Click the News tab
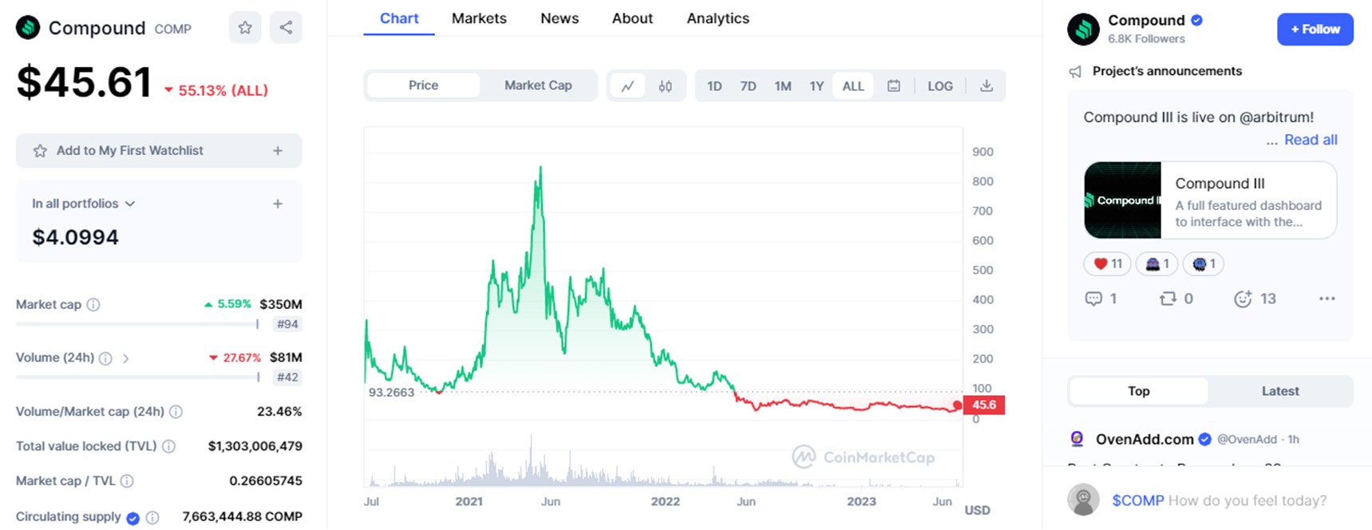click(x=559, y=18)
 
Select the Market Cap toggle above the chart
click(x=538, y=85)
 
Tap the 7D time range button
click(x=748, y=86)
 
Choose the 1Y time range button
click(x=816, y=86)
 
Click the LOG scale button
click(x=939, y=86)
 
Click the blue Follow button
click(x=1315, y=30)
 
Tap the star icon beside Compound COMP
click(x=245, y=28)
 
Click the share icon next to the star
click(x=286, y=28)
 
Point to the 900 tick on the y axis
click(x=983, y=152)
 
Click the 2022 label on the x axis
click(x=665, y=501)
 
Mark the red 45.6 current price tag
click(x=983, y=405)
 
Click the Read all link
click(x=1311, y=140)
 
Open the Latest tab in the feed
click(x=1279, y=391)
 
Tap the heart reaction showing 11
click(x=1107, y=264)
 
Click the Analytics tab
click(x=718, y=18)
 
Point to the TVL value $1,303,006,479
click(x=255, y=446)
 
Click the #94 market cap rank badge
click(x=287, y=324)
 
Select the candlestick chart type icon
click(x=665, y=86)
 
